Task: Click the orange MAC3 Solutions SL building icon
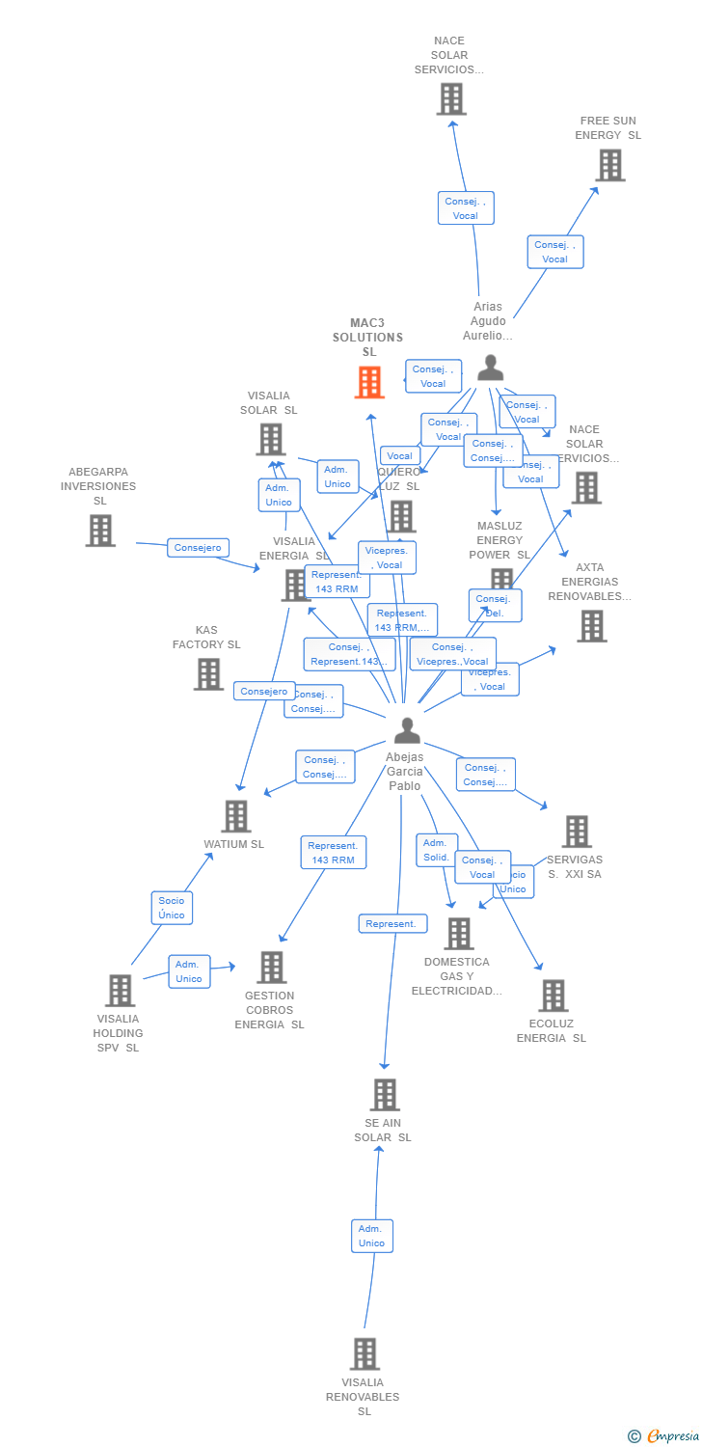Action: (369, 382)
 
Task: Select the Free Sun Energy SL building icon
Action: (609, 165)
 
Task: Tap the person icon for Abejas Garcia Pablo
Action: (407, 731)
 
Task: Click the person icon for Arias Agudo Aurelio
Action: (491, 368)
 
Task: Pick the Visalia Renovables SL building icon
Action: (364, 1353)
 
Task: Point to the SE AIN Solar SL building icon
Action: (385, 1095)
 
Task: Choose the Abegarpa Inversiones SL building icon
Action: (100, 530)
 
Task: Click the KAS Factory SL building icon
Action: (208, 673)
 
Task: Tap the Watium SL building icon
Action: (235, 816)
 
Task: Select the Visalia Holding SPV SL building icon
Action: (120, 990)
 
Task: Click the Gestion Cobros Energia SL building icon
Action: (272, 967)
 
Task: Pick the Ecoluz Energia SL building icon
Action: (553, 996)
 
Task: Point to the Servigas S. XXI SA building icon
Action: (577, 832)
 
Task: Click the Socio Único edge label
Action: (172, 908)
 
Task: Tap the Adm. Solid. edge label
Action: (436, 850)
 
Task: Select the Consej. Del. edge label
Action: (495, 606)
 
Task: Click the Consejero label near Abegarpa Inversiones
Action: (198, 548)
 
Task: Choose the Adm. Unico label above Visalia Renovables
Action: (371, 1236)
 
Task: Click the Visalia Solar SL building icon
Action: (271, 439)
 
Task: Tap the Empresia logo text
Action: (672, 1436)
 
